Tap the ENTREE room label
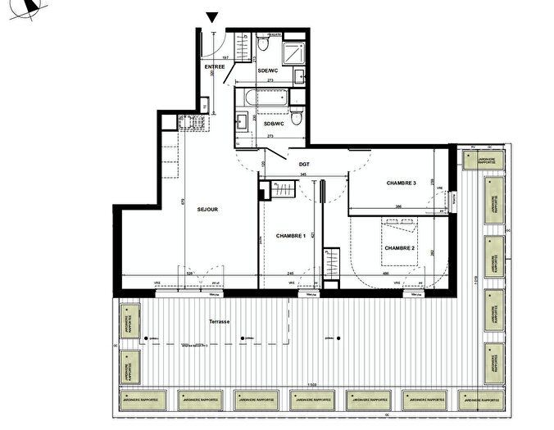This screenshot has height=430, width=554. pos(215,66)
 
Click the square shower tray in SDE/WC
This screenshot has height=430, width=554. pos(293,52)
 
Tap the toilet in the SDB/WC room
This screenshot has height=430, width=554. pos(299,120)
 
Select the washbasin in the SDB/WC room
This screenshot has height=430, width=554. pos(243,124)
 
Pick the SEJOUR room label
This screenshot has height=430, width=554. pos(207,210)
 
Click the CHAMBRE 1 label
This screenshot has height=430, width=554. pos(290,236)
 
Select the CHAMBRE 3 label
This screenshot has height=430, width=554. pos(401,183)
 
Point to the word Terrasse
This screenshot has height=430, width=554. pos(219,322)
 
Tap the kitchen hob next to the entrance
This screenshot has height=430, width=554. pos(194,124)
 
